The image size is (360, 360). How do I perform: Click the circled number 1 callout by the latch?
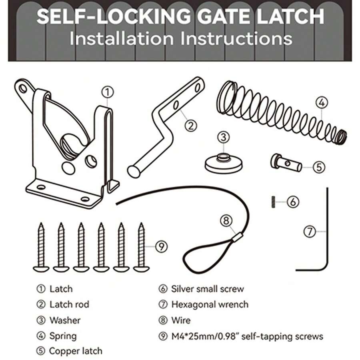click(x=107, y=92)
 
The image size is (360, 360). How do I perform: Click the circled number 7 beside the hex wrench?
click(x=310, y=231)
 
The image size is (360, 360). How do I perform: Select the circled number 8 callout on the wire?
click(x=226, y=220)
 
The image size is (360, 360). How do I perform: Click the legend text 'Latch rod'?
click(x=69, y=304)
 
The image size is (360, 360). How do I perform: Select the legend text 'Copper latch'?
click(x=76, y=351)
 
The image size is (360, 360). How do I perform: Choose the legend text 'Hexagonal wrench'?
click(x=210, y=304)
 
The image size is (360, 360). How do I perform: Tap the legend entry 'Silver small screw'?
click(x=207, y=289)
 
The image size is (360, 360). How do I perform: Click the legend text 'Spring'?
click(x=63, y=336)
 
